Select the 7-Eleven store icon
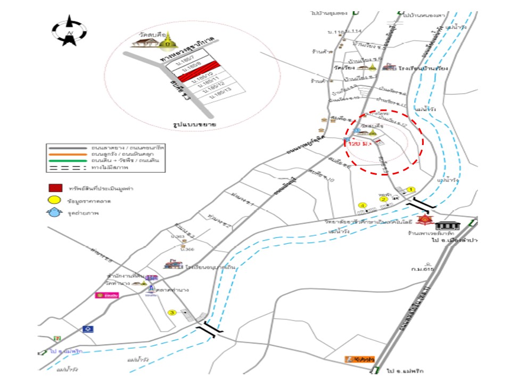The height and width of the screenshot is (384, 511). pyautogui.click(x=56, y=339)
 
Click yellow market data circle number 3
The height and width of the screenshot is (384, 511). pyautogui.click(x=171, y=313)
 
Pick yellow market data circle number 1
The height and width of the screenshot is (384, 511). pyautogui.click(x=410, y=189)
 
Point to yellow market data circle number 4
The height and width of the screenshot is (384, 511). pyautogui.click(x=363, y=205)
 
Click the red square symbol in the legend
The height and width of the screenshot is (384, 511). pyautogui.click(x=53, y=188)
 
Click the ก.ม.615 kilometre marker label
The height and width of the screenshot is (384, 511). pyautogui.click(x=423, y=269)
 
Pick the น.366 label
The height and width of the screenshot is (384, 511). pyautogui.click(x=187, y=249)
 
